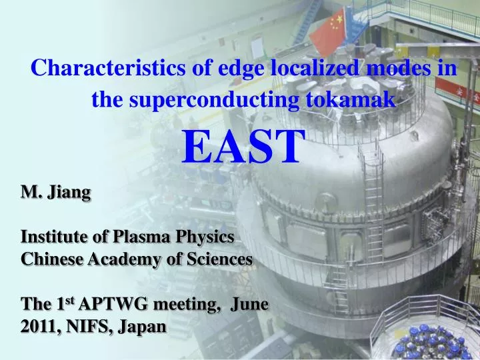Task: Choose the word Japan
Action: pos(139,327)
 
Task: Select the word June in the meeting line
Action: pos(249,305)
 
